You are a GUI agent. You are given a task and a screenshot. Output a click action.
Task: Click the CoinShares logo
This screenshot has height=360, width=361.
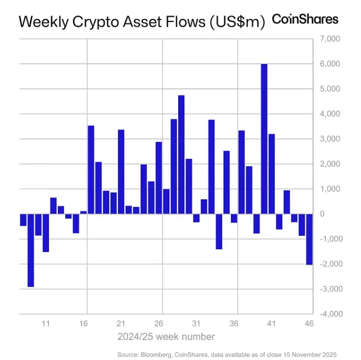pyautogui.click(x=305, y=19)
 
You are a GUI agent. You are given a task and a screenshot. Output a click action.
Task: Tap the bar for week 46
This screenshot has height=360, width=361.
pyautogui.click(x=309, y=239)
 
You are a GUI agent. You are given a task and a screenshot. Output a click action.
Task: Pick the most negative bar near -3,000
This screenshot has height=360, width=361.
pyautogui.click(x=31, y=250)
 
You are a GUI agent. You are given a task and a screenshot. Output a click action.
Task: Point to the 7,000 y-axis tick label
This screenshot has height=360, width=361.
pyautogui.click(x=330, y=39)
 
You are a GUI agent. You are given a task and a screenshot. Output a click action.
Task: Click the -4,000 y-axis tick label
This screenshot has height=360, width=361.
pyautogui.click(x=329, y=314)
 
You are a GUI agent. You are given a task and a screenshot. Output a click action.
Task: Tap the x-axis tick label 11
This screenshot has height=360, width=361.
pyautogui.click(x=45, y=324)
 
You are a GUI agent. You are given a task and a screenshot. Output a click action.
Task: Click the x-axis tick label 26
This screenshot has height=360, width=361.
pyautogui.click(x=158, y=324)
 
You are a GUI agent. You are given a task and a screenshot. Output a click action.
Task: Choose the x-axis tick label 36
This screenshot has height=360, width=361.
pyautogui.click(x=234, y=324)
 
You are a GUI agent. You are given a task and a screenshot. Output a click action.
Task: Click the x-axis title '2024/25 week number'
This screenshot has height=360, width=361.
pyautogui.click(x=166, y=337)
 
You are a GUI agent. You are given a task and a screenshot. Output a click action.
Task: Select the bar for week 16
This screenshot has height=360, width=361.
pyautogui.click(x=83, y=212)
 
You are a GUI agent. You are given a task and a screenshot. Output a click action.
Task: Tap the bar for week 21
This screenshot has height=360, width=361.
pyautogui.click(x=121, y=172)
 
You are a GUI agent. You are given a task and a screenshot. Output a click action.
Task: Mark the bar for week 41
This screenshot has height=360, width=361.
pyautogui.click(x=272, y=174)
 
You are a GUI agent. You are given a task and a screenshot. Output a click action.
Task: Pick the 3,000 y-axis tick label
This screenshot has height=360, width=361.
pyautogui.click(x=330, y=139)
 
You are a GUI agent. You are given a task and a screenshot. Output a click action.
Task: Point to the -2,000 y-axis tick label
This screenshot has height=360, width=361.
pyautogui.click(x=329, y=264)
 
